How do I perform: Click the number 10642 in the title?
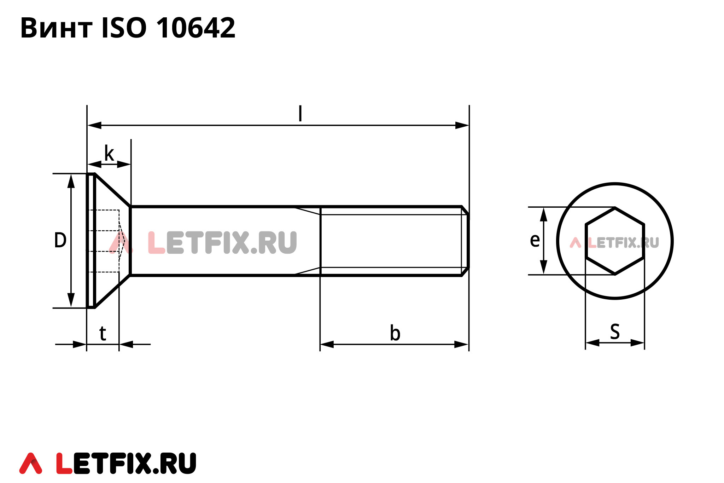click(x=195, y=28)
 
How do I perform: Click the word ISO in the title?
click(x=124, y=28)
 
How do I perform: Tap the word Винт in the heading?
click(x=57, y=28)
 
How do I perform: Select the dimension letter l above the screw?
click(x=300, y=114)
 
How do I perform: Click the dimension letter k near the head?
click(x=109, y=154)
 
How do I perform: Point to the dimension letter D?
click(x=60, y=240)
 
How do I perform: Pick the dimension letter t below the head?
click(x=103, y=333)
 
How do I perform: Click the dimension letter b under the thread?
click(x=395, y=333)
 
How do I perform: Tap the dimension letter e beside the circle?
click(x=535, y=240)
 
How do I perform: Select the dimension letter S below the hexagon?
click(x=615, y=332)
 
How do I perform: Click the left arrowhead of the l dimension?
click(x=94, y=125)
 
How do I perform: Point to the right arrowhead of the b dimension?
click(x=461, y=344)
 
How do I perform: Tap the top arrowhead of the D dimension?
click(x=71, y=181)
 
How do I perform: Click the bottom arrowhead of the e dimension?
click(x=544, y=267)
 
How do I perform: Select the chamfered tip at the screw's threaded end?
click(x=465, y=241)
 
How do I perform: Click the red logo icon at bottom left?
click(x=31, y=463)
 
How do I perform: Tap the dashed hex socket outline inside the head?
click(x=104, y=241)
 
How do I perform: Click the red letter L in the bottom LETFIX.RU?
click(x=64, y=463)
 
